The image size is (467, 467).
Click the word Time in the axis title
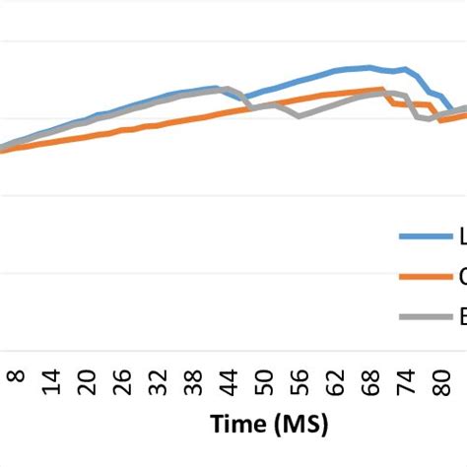click(239, 425)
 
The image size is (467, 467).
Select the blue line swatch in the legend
click(423, 236)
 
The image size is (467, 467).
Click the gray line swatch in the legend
click(423, 317)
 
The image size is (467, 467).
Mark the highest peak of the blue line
click(369, 67)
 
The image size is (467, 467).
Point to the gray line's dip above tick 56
click(299, 117)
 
